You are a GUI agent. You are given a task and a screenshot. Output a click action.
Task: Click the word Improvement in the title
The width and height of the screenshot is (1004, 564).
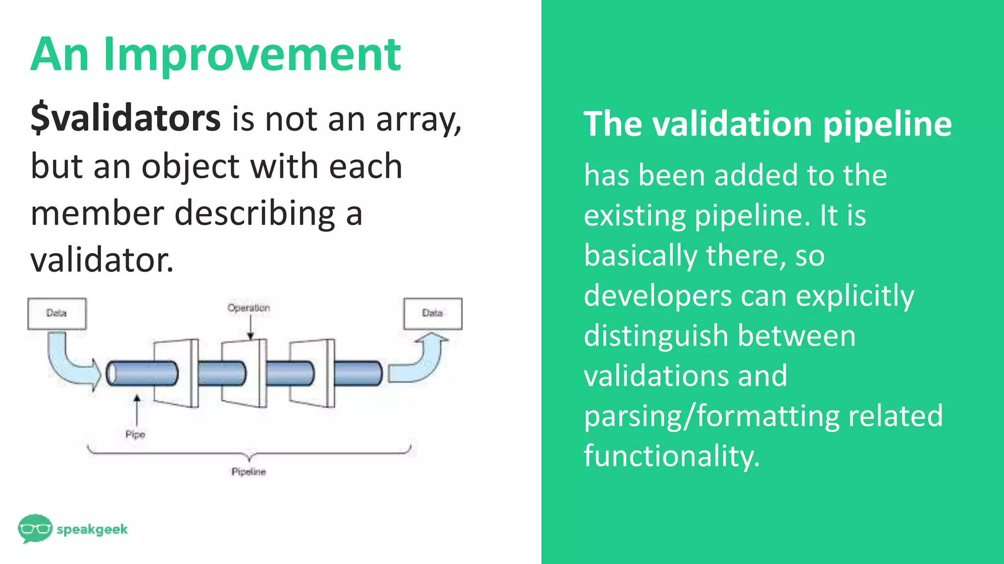tap(252, 55)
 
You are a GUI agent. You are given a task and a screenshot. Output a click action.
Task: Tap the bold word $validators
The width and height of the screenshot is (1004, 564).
tap(125, 118)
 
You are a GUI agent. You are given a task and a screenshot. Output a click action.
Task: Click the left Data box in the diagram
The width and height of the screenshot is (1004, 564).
tap(57, 313)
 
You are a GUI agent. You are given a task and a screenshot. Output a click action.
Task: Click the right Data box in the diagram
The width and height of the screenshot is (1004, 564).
tap(432, 313)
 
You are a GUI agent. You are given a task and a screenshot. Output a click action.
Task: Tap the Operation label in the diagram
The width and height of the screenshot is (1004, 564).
tap(249, 308)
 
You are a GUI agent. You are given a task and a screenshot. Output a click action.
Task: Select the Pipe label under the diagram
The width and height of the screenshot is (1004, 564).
tap(135, 434)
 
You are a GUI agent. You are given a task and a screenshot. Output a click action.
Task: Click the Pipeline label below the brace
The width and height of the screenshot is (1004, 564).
tap(249, 471)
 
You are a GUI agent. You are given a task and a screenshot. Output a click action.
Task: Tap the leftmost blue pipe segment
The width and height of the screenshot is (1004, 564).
tap(142, 374)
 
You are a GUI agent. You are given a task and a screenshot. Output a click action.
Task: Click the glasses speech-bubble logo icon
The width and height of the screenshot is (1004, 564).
tap(35, 528)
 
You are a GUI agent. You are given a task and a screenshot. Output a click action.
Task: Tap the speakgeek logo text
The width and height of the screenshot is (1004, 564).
tap(92, 529)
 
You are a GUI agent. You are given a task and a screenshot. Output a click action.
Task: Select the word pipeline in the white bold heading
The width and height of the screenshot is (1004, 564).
tap(887, 124)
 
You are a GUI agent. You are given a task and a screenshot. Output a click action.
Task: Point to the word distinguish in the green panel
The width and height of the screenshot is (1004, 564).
tap(655, 336)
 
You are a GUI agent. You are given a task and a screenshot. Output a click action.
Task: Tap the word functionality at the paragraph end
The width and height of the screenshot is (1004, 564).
tap(671, 456)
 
